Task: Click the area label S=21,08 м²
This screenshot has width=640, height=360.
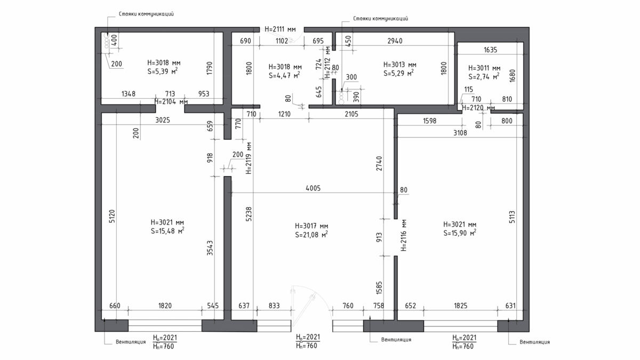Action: (x=311, y=234)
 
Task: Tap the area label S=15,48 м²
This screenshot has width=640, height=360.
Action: (x=167, y=230)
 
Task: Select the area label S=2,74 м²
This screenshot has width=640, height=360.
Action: (x=484, y=76)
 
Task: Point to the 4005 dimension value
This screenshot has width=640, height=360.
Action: (x=313, y=188)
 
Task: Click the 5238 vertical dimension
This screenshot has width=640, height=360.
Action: (x=249, y=214)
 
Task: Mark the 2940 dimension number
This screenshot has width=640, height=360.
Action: (x=395, y=41)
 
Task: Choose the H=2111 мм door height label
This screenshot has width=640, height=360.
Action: (x=280, y=29)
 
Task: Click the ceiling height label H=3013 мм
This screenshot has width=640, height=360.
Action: (x=399, y=65)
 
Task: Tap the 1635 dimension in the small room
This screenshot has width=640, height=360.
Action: (x=490, y=50)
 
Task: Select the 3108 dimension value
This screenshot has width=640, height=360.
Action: (x=460, y=133)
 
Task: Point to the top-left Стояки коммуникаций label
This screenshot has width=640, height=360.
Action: (x=146, y=14)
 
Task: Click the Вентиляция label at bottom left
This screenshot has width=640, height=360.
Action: (x=131, y=342)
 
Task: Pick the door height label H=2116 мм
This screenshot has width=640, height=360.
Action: (x=403, y=235)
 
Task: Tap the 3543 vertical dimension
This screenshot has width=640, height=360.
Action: (x=210, y=247)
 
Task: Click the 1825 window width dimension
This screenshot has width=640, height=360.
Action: (x=461, y=306)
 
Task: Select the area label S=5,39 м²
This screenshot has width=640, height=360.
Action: (x=162, y=71)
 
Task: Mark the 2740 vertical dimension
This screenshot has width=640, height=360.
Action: (x=379, y=163)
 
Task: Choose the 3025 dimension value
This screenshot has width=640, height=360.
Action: (x=163, y=120)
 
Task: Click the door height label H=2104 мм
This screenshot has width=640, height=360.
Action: (x=171, y=101)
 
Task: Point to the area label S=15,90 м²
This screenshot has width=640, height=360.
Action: (x=460, y=233)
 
